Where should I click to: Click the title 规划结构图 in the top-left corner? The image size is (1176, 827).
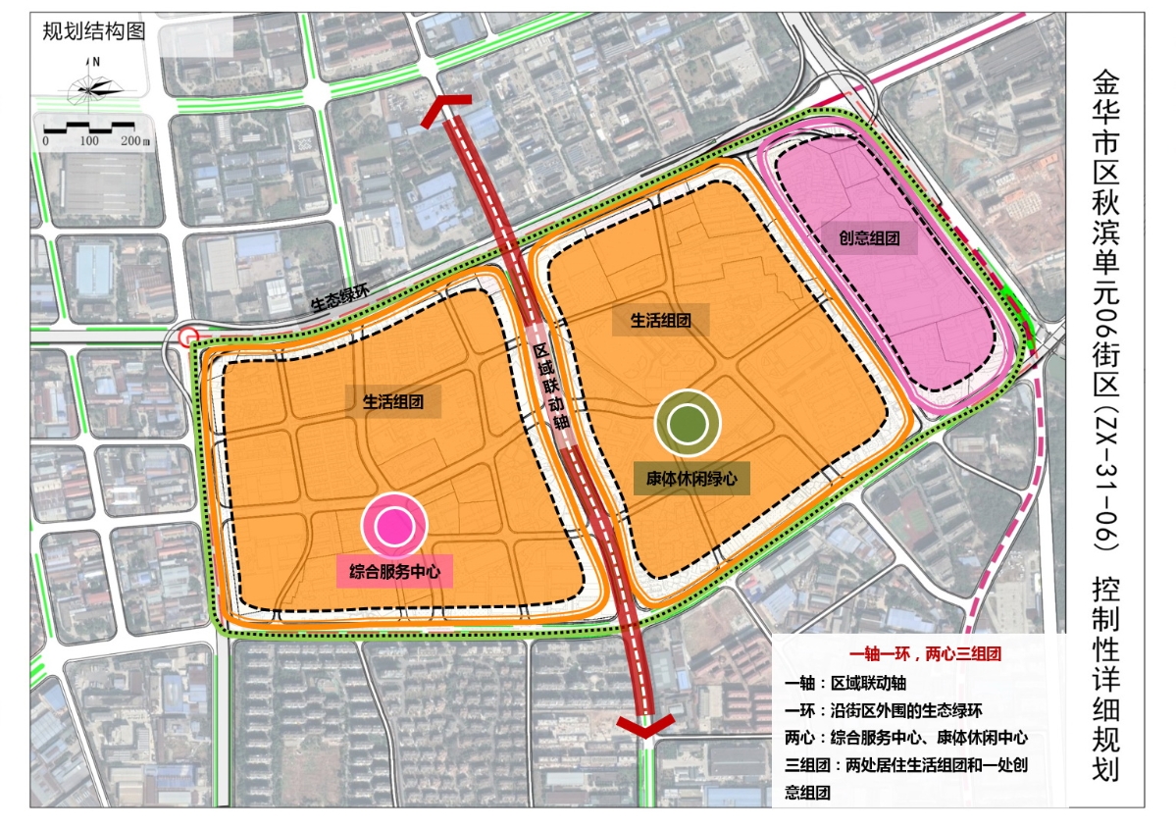click(94, 30)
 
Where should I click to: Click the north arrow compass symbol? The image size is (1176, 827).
click(95, 85)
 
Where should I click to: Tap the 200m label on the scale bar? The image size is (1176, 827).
click(135, 141)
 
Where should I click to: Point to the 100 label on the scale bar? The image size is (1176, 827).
click(89, 141)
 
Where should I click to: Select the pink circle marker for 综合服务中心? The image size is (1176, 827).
click(395, 526)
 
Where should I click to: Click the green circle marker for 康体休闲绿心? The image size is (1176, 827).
click(688, 423)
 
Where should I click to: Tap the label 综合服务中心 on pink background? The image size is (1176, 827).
click(394, 572)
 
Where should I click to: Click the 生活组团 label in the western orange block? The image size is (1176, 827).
click(393, 400)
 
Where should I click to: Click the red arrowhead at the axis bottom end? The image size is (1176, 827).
click(644, 727)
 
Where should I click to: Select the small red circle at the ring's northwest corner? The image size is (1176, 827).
click(190, 337)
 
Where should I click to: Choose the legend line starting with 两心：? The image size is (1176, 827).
click(905, 738)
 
